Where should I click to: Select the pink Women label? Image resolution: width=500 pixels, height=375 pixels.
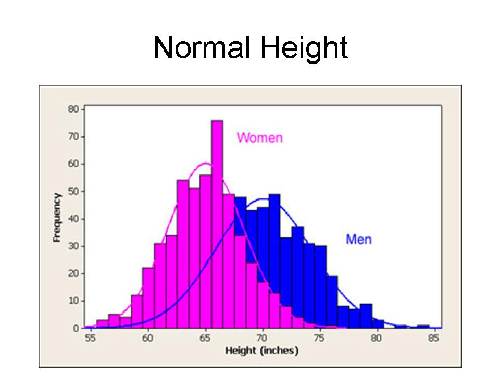[259, 138]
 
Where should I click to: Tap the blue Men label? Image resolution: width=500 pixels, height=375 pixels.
[359, 240]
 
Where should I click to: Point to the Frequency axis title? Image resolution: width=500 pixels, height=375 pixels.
[57, 218]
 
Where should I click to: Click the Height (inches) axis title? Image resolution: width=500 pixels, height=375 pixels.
[262, 351]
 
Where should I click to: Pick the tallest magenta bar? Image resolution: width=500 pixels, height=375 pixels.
[217, 224]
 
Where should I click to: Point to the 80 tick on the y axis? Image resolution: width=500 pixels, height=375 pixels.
[73, 109]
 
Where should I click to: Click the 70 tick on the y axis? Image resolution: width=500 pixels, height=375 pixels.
[73, 137]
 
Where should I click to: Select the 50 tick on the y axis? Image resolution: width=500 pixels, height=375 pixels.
[73, 192]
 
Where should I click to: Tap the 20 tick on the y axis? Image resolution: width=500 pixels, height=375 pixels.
[73, 273]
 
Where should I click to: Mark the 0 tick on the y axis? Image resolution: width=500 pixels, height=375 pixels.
[76, 328]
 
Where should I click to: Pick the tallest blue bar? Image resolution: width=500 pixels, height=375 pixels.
[274, 260]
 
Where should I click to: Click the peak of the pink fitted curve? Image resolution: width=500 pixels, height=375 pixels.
[206, 163]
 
